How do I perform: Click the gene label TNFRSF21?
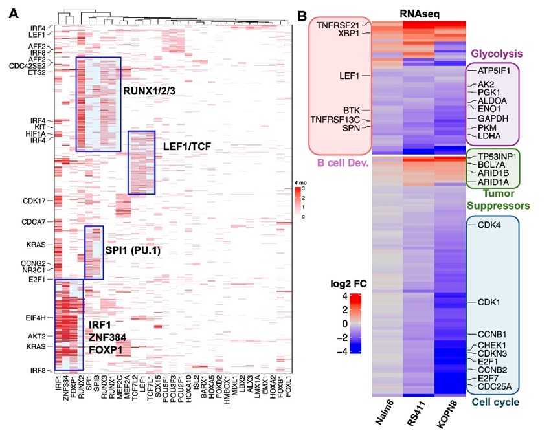click(x=339, y=25)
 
